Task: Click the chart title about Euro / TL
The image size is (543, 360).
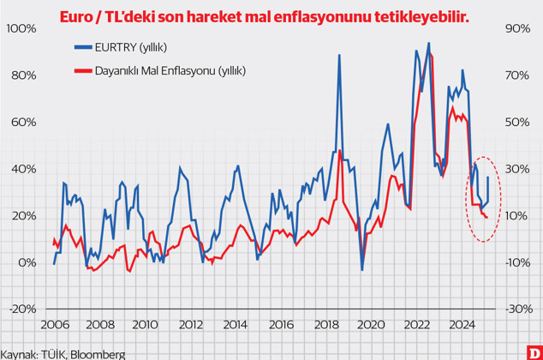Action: pos(265,16)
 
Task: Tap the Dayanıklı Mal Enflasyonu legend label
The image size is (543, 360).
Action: pos(175,71)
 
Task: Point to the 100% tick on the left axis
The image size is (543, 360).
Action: pos(20,28)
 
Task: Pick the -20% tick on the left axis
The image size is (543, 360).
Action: pos(21,309)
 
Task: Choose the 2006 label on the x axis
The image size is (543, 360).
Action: pos(54,325)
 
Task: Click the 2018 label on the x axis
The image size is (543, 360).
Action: pos(325,325)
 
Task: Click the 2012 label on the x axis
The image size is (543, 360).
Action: pos(189,325)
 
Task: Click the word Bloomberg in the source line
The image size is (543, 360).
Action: pos(97,353)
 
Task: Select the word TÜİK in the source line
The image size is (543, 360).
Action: pos(52,353)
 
